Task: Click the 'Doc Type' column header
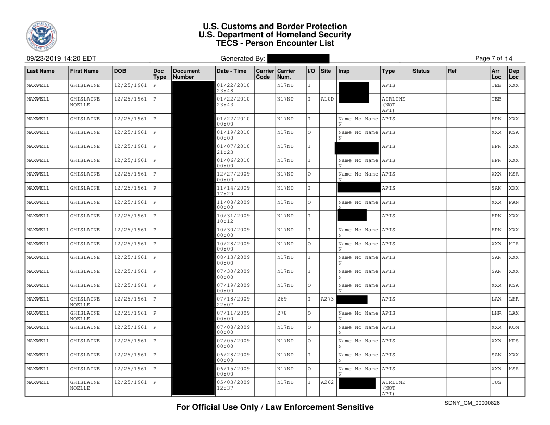(158, 73)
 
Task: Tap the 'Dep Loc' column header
(514, 73)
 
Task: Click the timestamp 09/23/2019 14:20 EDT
(59, 59)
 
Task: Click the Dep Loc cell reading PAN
(514, 202)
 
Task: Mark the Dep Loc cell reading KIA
(514, 244)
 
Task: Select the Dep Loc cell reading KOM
(514, 327)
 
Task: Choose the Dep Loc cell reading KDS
(514, 341)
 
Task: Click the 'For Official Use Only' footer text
(274, 407)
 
